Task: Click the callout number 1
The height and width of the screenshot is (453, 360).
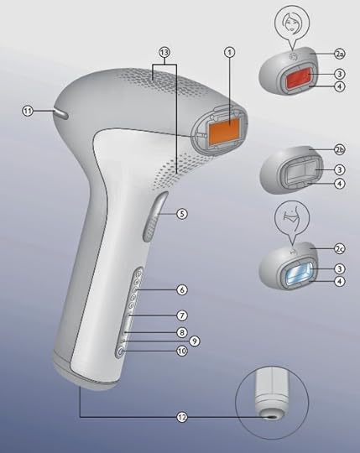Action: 230,52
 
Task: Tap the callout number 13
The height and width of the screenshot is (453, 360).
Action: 164,53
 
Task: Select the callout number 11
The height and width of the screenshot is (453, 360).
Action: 28,111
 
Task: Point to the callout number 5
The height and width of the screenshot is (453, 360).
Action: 182,214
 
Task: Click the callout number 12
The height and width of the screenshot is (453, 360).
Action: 182,417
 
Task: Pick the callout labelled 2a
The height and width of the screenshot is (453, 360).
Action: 340,54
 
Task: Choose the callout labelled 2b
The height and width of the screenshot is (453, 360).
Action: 340,149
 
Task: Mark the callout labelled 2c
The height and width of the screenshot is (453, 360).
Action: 340,248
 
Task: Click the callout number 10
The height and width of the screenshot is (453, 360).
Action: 182,351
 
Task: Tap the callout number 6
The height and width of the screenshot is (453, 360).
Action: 182,289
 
